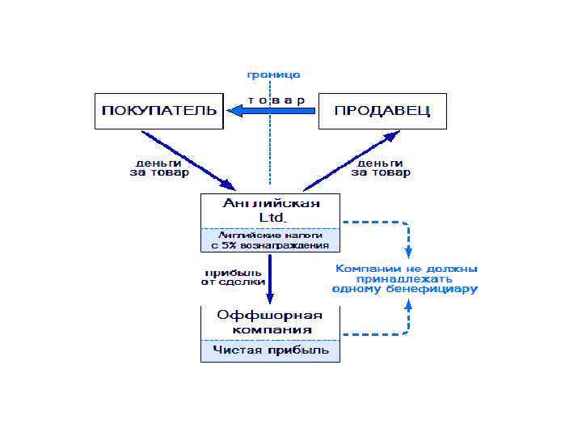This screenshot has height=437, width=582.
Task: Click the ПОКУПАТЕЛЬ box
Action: click(x=158, y=111)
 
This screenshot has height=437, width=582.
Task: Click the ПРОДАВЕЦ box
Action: click(x=382, y=111)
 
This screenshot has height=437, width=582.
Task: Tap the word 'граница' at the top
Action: click(x=273, y=74)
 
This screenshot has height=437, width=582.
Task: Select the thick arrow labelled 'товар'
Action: click(x=272, y=111)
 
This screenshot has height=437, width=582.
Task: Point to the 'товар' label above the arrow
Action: click(x=276, y=100)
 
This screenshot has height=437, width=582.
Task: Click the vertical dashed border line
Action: click(x=270, y=154)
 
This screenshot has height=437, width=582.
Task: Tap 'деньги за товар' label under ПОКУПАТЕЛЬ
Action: click(x=159, y=168)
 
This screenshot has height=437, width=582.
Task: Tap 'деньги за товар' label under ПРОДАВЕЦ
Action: click(x=381, y=168)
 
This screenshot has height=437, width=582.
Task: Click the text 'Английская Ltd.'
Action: click(x=270, y=210)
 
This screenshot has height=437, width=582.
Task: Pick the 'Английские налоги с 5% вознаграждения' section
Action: click(x=270, y=240)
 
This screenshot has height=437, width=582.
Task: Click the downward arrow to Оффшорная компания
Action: click(x=270, y=279)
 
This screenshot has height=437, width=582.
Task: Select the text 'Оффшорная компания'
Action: click(x=270, y=322)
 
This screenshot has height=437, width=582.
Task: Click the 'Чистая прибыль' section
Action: click(x=270, y=350)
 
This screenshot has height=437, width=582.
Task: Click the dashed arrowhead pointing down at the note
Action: click(x=408, y=252)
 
